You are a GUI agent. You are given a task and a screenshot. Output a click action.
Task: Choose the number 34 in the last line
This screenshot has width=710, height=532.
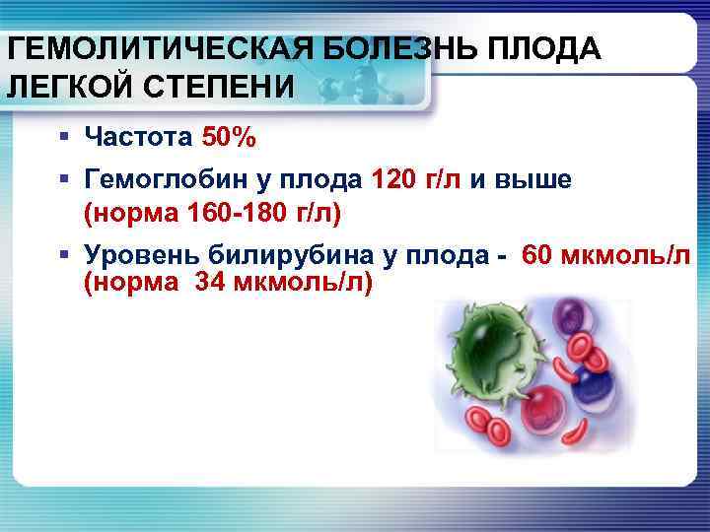pos(217,284)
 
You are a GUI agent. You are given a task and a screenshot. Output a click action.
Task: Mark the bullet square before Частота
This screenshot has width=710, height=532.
pos(64,137)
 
